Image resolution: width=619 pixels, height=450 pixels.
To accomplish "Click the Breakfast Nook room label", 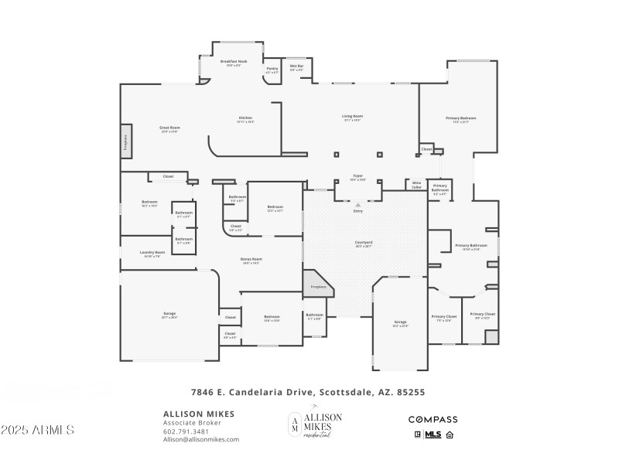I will (x=233, y=62).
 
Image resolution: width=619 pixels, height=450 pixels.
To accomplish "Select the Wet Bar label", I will (x=296, y=67).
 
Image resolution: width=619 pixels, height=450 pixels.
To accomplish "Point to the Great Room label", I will (x=169, y=128).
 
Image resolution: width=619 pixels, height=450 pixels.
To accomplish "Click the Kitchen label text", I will (x=245, y=119).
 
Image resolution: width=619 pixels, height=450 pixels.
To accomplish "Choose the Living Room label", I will (x=353, y=118).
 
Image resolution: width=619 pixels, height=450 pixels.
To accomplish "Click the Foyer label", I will (x=358, y=177).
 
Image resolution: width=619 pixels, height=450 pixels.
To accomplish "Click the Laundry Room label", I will (x=152, y=253).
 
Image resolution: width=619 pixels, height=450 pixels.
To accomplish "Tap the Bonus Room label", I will (x=251, y=261).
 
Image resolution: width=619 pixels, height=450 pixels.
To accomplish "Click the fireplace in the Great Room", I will (x=126, y=143).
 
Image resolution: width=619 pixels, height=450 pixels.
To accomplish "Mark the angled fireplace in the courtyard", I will (x=317, y=282).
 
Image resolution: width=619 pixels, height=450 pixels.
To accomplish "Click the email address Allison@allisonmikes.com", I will (x=200, y=439).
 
